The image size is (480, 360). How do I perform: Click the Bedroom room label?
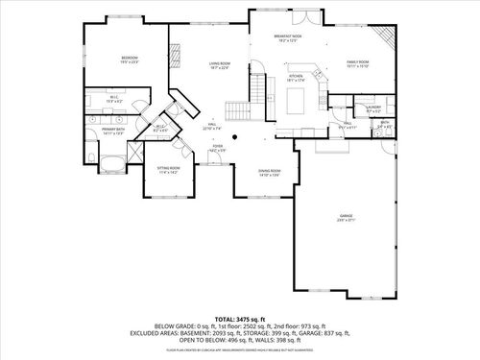[x=130, y=60]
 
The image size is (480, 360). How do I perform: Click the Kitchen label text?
[x=297, y=78]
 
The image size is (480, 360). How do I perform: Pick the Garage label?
[x=346, y=218]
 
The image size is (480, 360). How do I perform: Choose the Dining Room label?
[x=269, y=173]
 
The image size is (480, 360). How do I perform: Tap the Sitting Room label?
[x=168, y=170]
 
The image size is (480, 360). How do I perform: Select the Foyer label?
[x=217, y=147]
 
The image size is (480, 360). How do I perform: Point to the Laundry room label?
[x=373, y=108]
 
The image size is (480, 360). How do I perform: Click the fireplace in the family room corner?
[x=386, y=39]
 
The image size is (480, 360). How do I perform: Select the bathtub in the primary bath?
[x=106, y=159]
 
